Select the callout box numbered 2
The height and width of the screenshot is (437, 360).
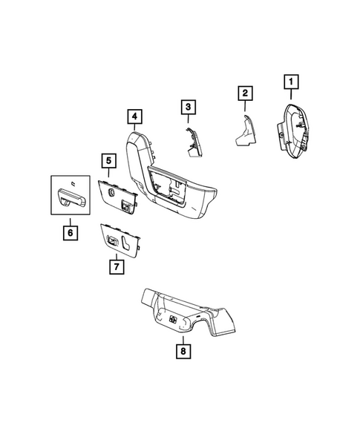(243, 93)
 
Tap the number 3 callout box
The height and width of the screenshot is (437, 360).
(189, 108)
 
